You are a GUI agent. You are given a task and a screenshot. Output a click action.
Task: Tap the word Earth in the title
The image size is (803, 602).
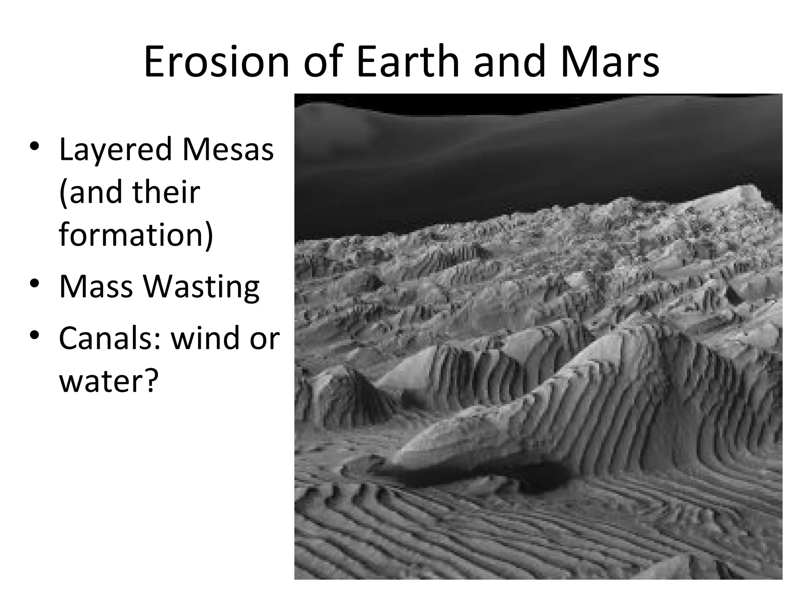click(x=407, y=62)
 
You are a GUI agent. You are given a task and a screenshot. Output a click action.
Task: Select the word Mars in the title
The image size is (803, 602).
click(x=610, y=62)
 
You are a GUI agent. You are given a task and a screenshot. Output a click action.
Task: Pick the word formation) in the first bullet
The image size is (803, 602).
click(x=136, y=235)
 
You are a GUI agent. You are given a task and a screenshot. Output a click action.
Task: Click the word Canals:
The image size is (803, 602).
click(x=110, y=338)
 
